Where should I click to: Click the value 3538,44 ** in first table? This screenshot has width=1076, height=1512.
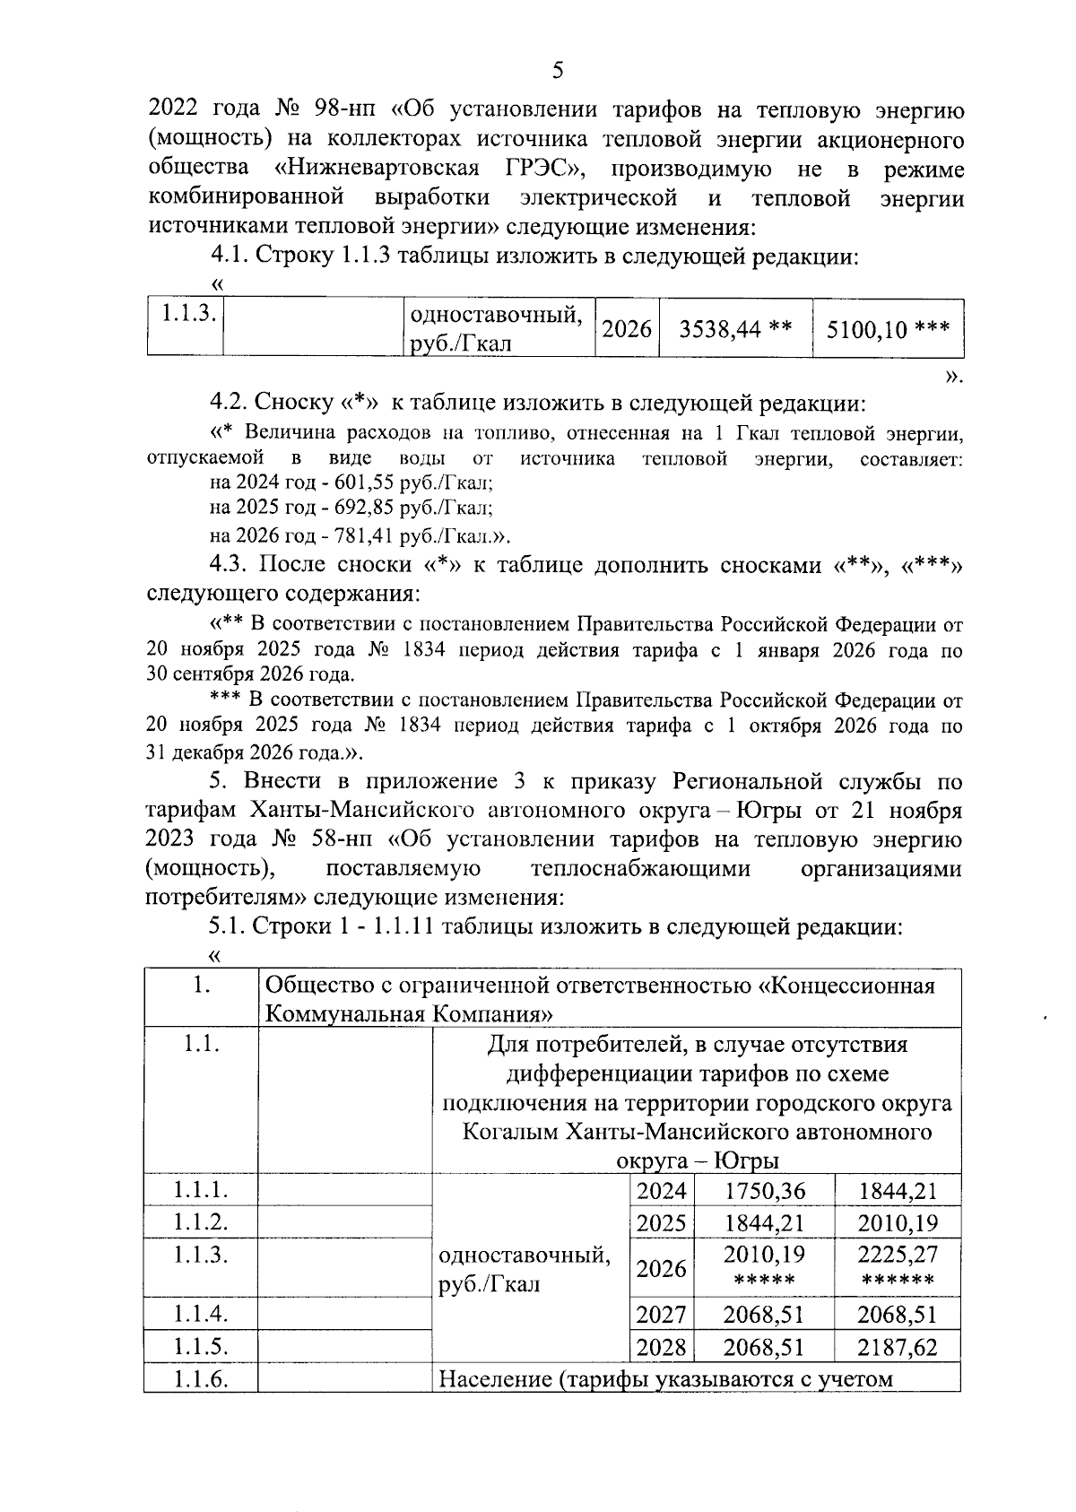click(x=735, y=329)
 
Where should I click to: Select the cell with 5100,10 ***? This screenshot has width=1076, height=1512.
click(x=888, y=329)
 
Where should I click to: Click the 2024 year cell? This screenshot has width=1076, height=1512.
click(x=661, y=1191)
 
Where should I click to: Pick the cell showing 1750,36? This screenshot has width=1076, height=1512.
click(x=765, y=1191)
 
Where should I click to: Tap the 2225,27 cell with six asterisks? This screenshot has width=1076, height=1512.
click(x=898, y=1266)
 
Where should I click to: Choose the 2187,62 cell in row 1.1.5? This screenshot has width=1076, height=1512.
click(x=898, y=1347)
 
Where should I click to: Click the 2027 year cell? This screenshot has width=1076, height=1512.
click(x=661, y=1315)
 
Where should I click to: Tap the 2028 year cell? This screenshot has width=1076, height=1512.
click(x=661, y=1347)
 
